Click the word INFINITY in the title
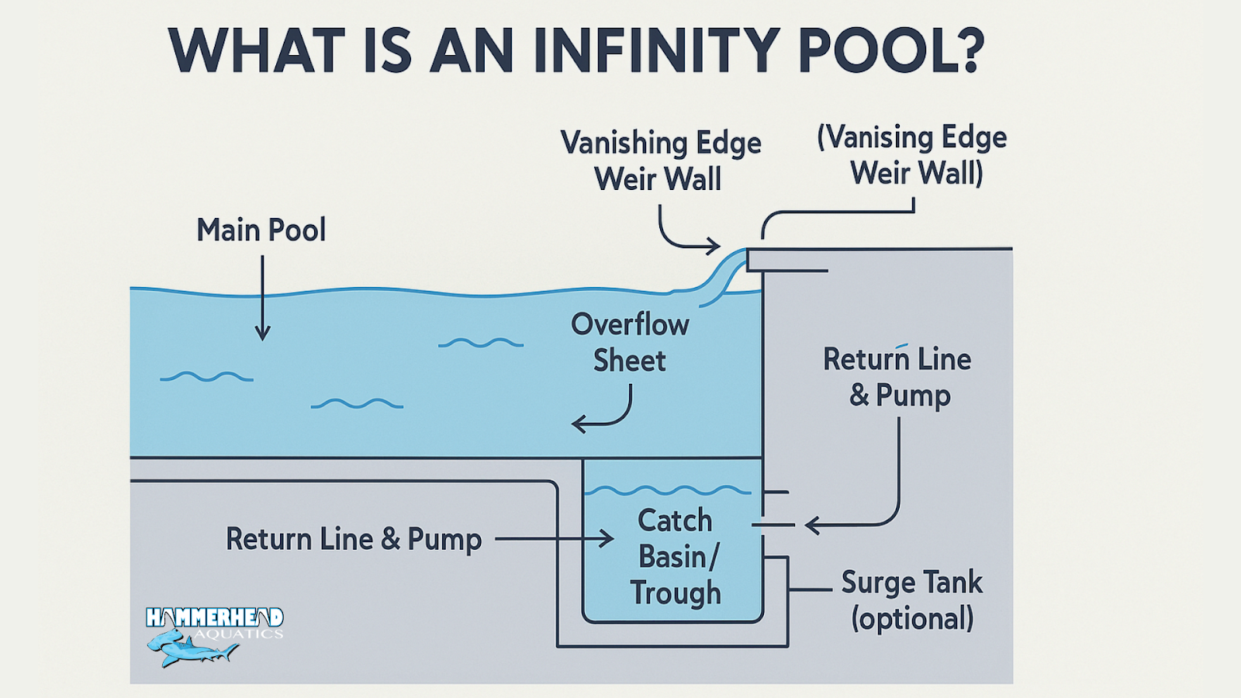tap(656, 51)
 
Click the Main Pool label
tap(261, 230)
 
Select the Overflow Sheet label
tap(630, 342)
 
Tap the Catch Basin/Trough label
tap(675, 556)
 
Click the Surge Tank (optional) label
tap(911, 600)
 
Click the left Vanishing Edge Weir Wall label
tap(660, 161)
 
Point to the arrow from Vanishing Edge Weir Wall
tap(683, 237)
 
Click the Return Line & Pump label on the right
tap(897, 377)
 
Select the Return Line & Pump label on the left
tap(354, 539)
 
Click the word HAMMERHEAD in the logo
tap(214, 617)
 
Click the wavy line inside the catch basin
tap(667, 490)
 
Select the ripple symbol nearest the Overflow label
tap(480, 343)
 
